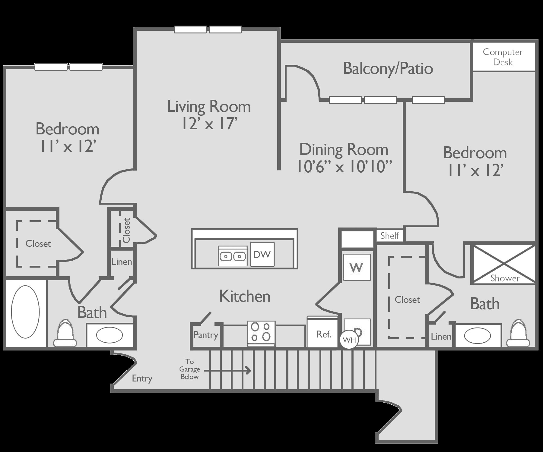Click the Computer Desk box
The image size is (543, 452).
tap(503, 57)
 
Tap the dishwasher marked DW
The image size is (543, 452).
tap(262, 254)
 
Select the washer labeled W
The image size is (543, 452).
tap(357, 267)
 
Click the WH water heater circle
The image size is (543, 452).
tap(349, 340)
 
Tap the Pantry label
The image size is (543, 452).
tap(206, 335)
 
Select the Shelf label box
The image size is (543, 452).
tap(389, 236)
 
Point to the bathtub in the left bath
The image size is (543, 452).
tap(25, 312)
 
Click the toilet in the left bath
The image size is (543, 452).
tap(65, 334)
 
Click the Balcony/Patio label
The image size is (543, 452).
tap(388, 68)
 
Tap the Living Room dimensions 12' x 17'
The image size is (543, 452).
tap(209, 124)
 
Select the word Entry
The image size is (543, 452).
tap(142, 378)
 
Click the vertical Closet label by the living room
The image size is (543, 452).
tap(127, 230)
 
